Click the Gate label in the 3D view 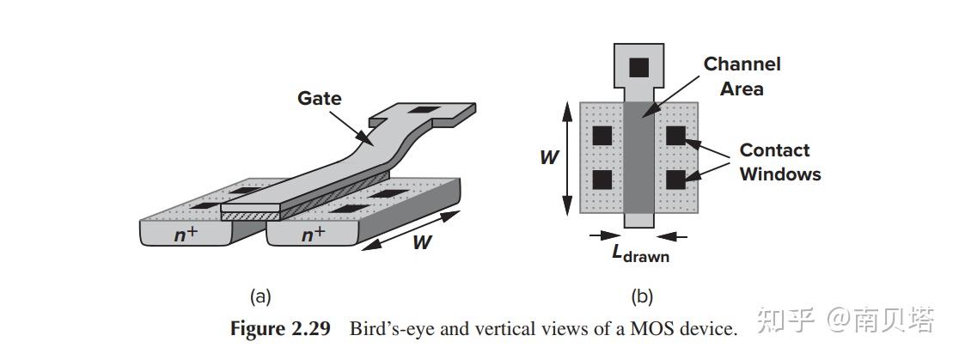tap(319, 98)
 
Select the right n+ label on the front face tap(312, 233)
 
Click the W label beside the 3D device tap(420, 242)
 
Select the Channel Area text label tap(742, 76)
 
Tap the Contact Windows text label tap(779, 162)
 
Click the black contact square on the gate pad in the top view tap(638, 66)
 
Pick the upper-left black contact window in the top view tap(602, 135)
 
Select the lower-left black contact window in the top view tap(602, 179)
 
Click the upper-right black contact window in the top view tap(675, 135)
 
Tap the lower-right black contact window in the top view tap(675, 179)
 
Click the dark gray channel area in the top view tap(638, 158)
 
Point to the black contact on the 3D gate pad tap(422, 110)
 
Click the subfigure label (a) tap(260, 297)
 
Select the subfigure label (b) tap(642, 297)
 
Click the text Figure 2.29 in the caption tap(280, 329)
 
